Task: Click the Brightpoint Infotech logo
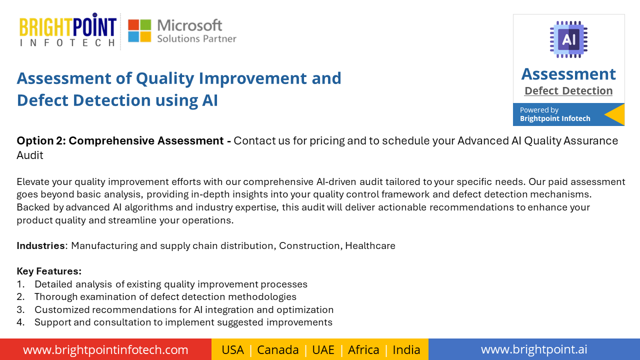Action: pos(68,29)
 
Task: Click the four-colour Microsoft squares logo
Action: pos(139,30)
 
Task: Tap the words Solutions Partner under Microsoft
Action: pos(197,38)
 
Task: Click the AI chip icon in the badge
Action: pos(568,39)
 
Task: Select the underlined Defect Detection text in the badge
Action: pos(568,91)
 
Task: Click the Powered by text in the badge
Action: pos(539,110)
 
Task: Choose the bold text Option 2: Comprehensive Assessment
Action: pos(120,141)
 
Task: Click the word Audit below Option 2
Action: pos(30,155)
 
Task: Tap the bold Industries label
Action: pos(40,245)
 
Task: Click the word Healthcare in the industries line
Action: pos(370,245)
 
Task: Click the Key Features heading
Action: pos(49,271)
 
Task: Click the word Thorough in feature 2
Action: pos(56,297)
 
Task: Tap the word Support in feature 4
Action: pos(53,322)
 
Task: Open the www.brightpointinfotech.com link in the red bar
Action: pos(105,349)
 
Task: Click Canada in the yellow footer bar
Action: pos(277,350)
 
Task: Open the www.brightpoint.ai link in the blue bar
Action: pos(534,349)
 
